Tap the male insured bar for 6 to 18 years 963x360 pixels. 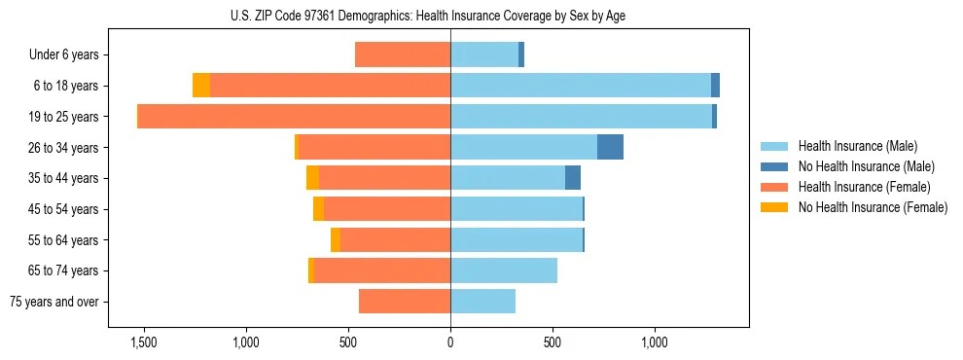pyautogui.click(x=581, y=86)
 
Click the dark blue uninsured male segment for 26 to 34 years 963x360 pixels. pyautogui.click(x=610, y=147)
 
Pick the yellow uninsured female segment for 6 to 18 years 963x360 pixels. pyautogui.click(x=201, y=86)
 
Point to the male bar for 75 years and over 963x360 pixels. pyautogui.click(x=482, y=302)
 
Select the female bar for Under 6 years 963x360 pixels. pyautogui.click(x=403, y=54)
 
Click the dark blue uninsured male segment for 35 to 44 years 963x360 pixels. pyautogui.click(x=573, y=178)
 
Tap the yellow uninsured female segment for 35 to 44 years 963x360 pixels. pyautogui.click(x=312, y=178)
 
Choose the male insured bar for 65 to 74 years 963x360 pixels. pyautogui.click(x=504, y=270)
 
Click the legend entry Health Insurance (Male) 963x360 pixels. pyautogui.click(x=857, y=146)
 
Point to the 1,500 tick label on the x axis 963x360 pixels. pyautogui.click(x=143, y=342)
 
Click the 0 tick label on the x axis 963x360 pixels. pyautogui.click(x=450, y=342)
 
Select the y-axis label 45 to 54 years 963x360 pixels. pyautogui.click(x=63, y=209)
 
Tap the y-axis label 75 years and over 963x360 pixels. pyautogui.click(x=54, y=302)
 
